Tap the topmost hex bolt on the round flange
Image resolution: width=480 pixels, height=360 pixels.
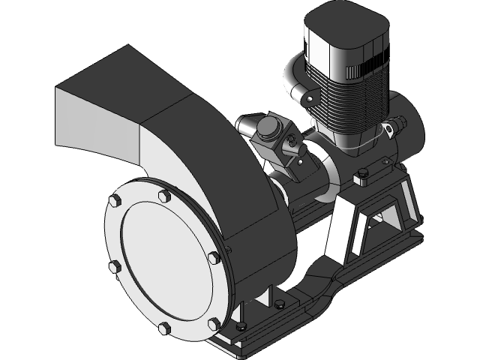pyautogui.click(x=163, y=196)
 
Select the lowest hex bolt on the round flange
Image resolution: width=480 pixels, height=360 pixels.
pyautogui.click(x=164, y=328)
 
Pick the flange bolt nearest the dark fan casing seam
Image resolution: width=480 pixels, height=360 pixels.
pyautogui.click(x=213, y=258)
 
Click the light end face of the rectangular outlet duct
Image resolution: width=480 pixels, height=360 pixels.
pyautogui.click(x=95, y=120)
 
